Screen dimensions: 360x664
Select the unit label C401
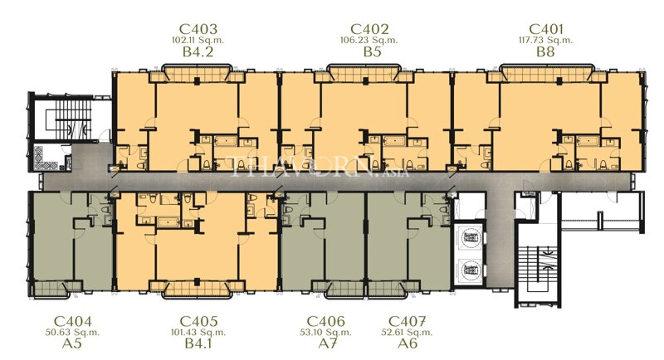point(544,27)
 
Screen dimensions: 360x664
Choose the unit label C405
point(198,321)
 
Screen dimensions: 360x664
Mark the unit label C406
point(326,321)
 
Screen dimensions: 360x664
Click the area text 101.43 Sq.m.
point(198,333)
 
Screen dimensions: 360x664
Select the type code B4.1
point(198,345)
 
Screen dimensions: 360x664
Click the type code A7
point(326,345)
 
